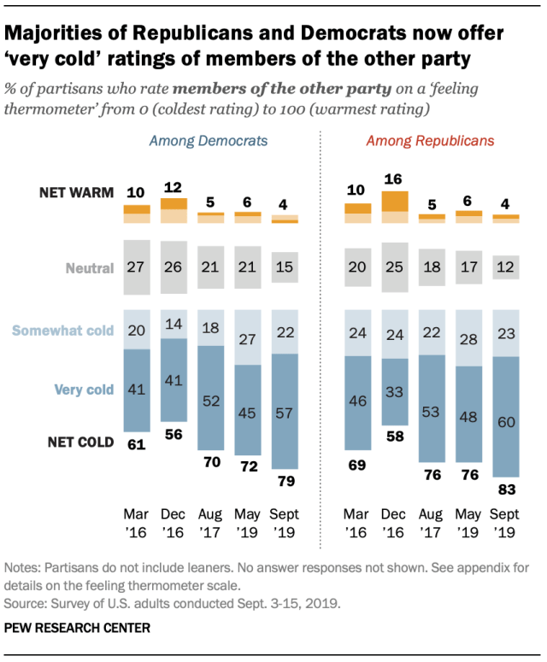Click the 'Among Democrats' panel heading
[209, 140]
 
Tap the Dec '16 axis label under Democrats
[174, 523]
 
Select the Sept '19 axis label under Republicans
[506, 523]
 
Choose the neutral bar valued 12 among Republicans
[506, 268]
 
